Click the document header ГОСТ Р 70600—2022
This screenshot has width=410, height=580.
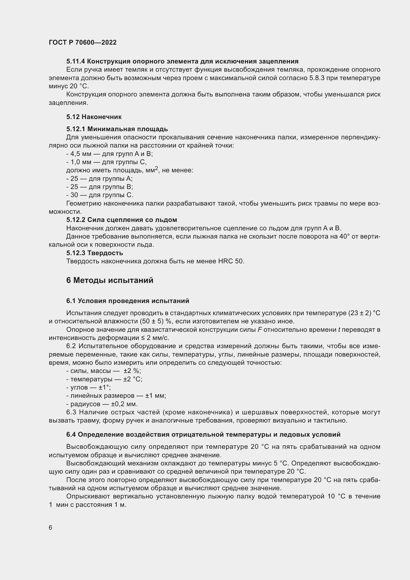tap(83, 42)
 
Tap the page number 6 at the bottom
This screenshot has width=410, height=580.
tap(51, 528)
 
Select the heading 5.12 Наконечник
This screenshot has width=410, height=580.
tap(94, 117)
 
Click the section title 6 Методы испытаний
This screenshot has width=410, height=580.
tap(110, 280)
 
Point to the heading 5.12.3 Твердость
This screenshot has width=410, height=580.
tap(95, 253)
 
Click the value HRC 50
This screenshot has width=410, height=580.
tap(231, 261)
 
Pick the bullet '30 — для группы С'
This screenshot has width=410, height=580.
tap(100, 195)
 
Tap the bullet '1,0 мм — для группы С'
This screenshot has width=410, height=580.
tap(106, 162)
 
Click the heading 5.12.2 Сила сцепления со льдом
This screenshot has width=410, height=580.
tap(122, 220)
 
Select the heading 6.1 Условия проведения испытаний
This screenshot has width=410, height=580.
tap(128, 301)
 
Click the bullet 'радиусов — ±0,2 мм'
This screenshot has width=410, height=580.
tap(102, 404)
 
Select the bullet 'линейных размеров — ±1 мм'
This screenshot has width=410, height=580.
tap(116, 396)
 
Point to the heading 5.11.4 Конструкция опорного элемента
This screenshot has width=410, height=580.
tap(182, 61)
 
